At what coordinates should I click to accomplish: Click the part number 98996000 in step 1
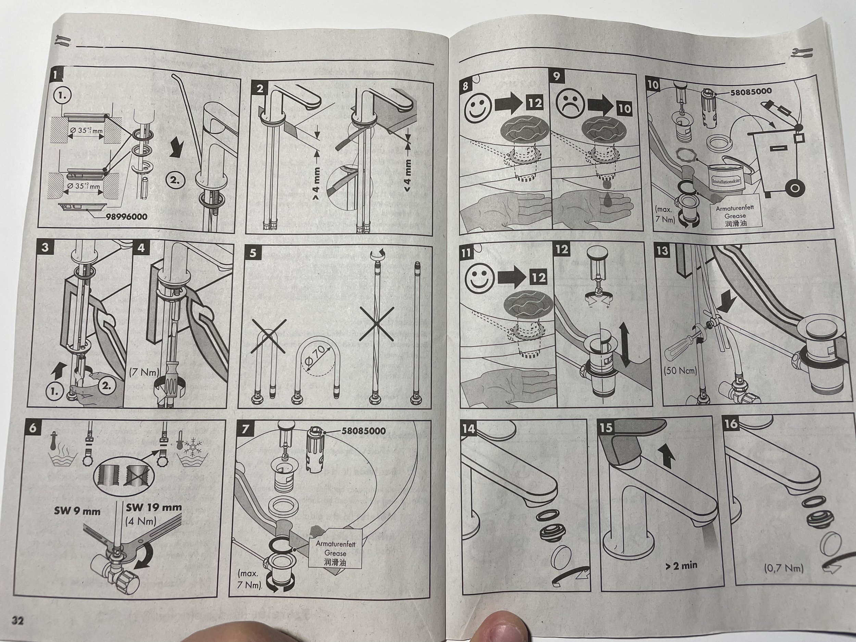tap(127, 217)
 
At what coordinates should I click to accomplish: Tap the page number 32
tap(17, 621)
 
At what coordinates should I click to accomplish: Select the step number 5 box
tap(253, 253)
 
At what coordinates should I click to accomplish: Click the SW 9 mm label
tap(77, 511)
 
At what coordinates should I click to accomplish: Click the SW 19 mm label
tap(154, 507)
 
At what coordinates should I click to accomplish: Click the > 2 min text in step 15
tap(681, 565)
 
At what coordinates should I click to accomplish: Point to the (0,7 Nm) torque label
tap(784, 568)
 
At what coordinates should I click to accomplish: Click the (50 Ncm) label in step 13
tap(680, 370)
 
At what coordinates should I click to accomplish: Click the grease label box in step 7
tap(335, 553)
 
